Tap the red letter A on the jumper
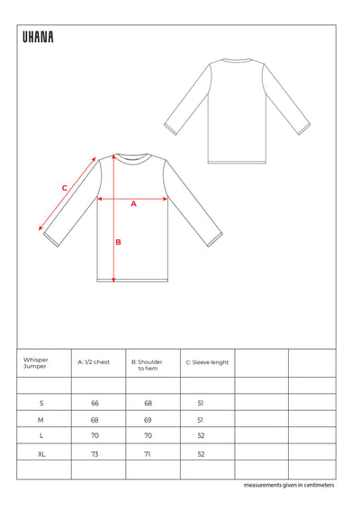coord(133,204)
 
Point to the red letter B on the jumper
coord(118,241)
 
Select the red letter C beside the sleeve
coord(64,187)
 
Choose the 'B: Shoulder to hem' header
coord(147,365)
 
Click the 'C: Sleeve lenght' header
coord(207,362)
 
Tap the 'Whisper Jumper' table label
coord(36,363)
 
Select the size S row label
coord(41,403)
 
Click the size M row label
coord(41,420)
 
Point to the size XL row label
coord(41,454)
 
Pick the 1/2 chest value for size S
coord(94,403)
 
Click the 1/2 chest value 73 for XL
coord(94,454)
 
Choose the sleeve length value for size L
coord(201,437)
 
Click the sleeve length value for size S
coord(201,403)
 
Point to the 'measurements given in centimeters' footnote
coord(288,486)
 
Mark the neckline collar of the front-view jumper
coord(132,156)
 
